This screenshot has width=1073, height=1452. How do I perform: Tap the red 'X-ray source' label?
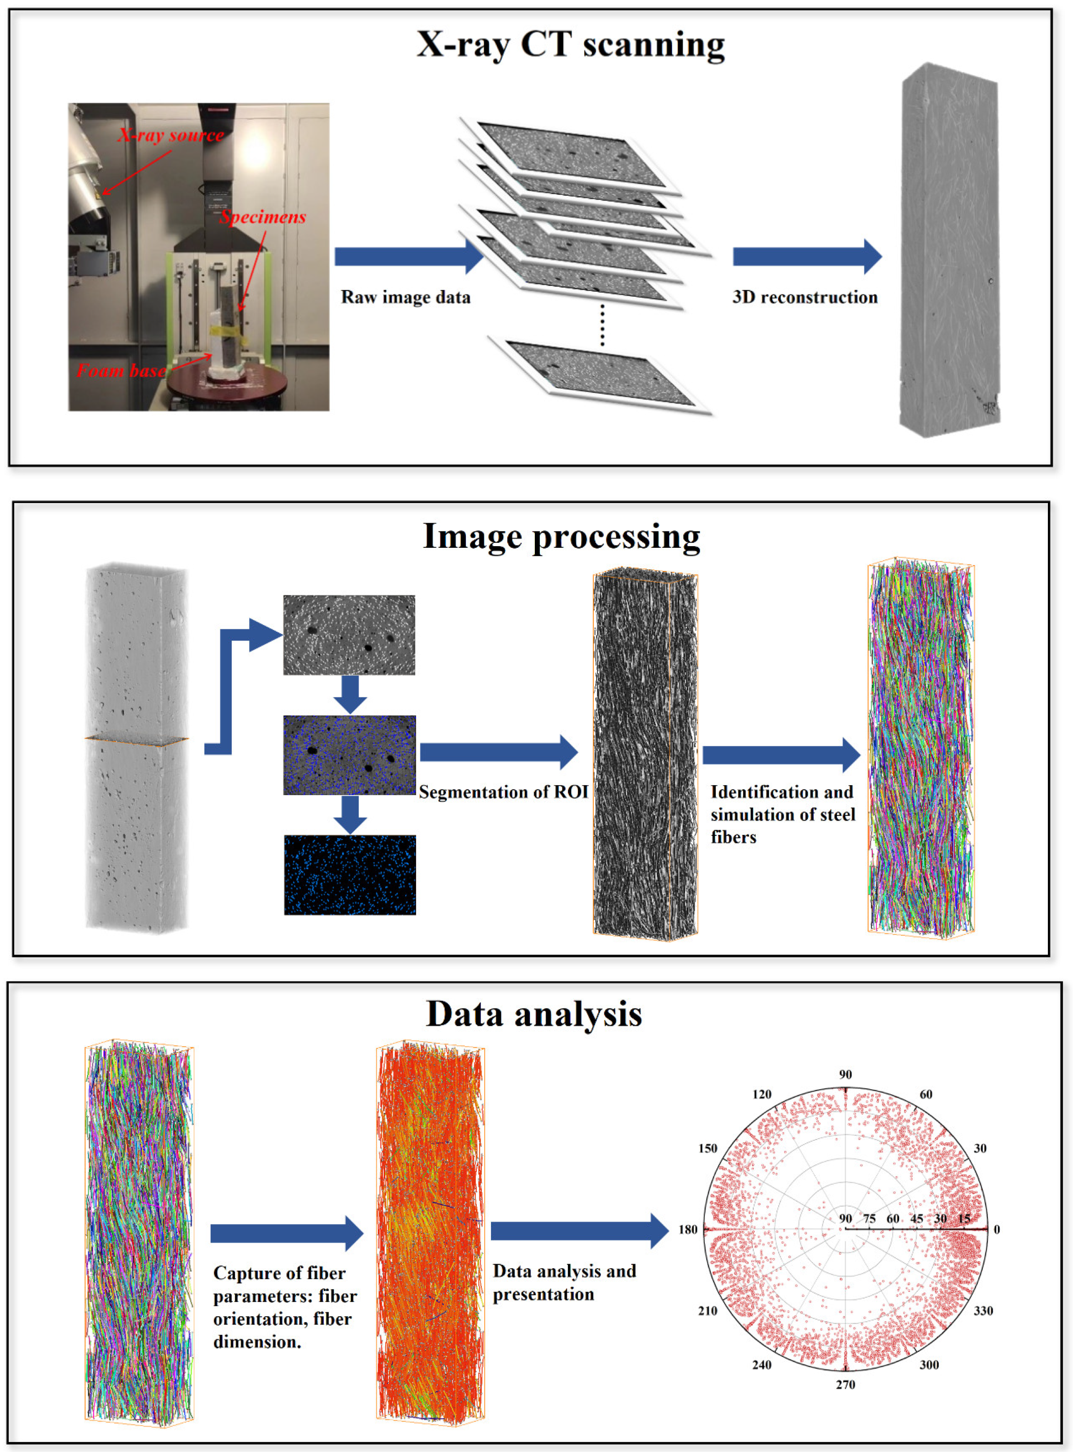(x=171, y=135)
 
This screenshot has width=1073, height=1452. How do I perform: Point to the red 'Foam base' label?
(x=121, y=371)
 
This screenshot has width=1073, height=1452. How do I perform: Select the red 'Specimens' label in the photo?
(x=263, y=217)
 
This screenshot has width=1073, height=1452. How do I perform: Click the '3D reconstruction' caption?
(x=804, y=297)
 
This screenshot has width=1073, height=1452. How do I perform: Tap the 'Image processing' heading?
(x=561, y=537)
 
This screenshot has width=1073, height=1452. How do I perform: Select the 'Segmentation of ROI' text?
(x=503, y=792)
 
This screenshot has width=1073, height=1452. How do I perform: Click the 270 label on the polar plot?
(x=845, y=1384)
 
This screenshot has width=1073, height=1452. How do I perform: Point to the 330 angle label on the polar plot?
(x=982, y=1310)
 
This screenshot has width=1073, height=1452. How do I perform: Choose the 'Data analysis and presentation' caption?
(x=564, y=1282)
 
